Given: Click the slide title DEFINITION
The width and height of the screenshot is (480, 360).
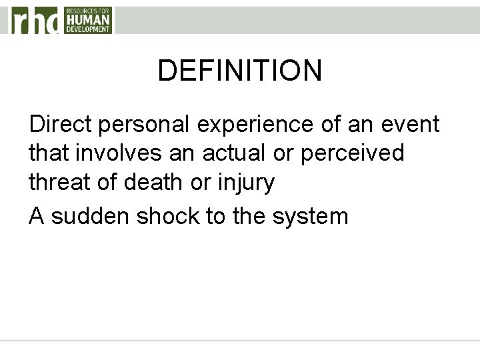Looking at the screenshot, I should coord(240,70).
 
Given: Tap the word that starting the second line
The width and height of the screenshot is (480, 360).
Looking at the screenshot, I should coord(49,153).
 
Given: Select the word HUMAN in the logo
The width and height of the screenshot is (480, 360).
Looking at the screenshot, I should coord(88,21).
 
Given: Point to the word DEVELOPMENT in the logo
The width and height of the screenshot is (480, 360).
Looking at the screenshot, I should coord(88,29).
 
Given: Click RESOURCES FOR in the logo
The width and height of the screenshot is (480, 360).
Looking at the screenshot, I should coord(88,11).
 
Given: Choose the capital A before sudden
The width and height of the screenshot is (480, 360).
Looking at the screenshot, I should coord(37,217).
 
